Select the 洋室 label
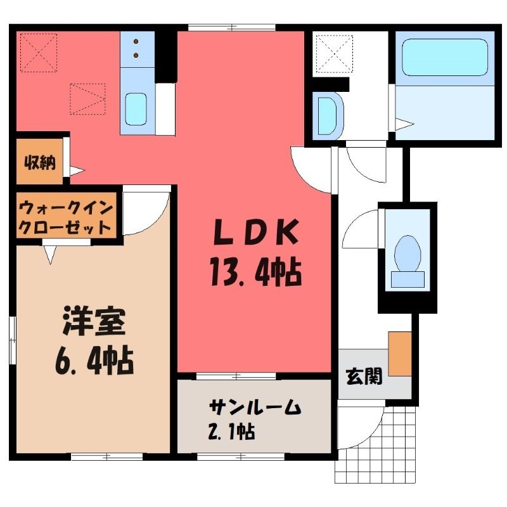pos(94,321)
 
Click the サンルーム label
pos(255,407)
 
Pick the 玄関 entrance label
pos(364,376)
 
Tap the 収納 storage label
pos(41,163)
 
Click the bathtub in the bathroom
pos(445,58)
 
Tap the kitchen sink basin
pos(136,109)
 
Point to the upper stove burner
pos(136,41)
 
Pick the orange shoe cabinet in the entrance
pos(400,354)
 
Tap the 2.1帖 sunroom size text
pos(231,431)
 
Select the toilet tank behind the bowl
pos(408,279)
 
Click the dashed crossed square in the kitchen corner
pos(39,52)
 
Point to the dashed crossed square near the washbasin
pos(334,54)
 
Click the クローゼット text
pos(65,228)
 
